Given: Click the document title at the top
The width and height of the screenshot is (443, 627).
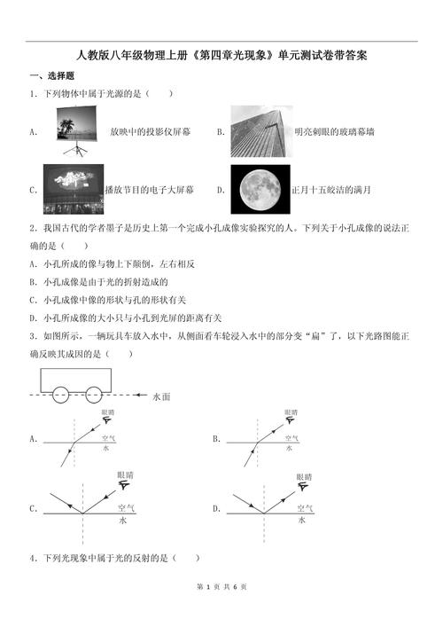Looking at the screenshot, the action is [221, 55].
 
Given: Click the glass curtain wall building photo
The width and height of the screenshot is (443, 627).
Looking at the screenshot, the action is [260, 130].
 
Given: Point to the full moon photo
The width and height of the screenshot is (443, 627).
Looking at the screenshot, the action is [260, 188].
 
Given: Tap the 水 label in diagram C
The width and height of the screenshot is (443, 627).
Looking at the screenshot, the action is [123, 521].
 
